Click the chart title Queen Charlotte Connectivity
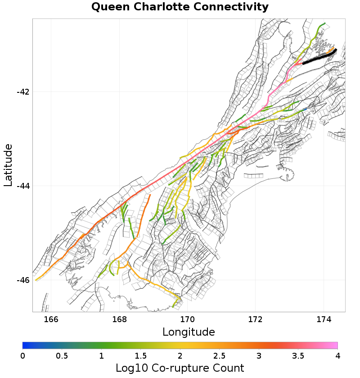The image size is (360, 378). point(180,7)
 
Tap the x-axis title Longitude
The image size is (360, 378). point(189,332)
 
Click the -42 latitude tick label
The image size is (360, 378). point(23,92)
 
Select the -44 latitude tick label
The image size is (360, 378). point(23,186)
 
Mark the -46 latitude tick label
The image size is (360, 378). point(23,280)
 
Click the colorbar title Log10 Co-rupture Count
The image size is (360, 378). point(180,368)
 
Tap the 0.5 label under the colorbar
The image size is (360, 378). point(62,356)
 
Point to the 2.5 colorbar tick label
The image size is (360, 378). point(220,356)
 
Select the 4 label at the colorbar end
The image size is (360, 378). point(337,356)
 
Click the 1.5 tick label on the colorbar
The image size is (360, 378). point(141,356)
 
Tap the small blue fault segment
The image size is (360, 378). point(305,109)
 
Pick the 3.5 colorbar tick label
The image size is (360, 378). point(298,356)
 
